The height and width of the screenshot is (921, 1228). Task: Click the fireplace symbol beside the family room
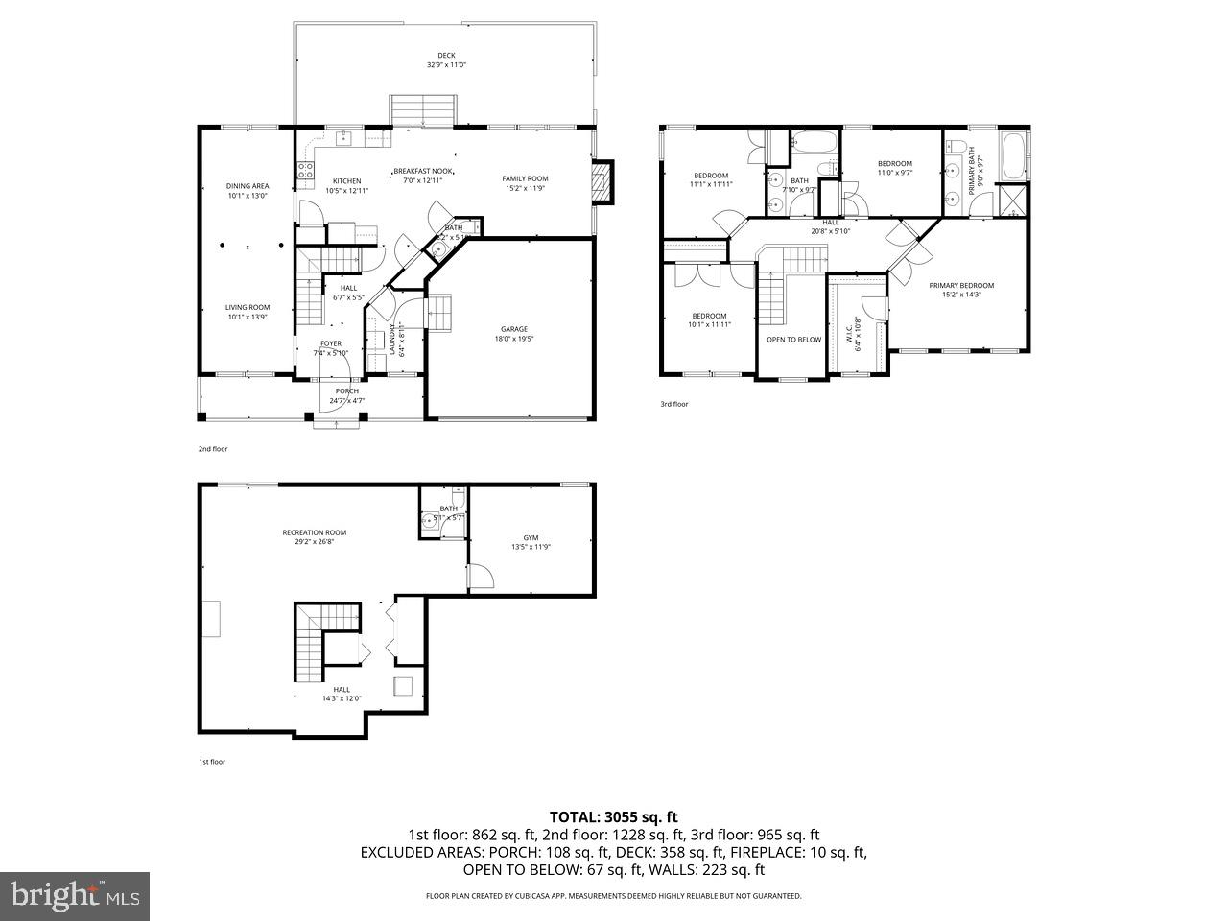(601, 182)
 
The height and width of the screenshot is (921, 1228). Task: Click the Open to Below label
(793, 340)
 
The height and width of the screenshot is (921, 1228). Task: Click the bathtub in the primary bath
(1014, 157)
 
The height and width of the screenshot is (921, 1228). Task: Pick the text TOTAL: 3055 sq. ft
(613, 817)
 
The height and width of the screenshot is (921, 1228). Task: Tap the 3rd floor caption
(673, 404)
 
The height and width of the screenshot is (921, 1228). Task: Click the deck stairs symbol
(422, 110)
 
